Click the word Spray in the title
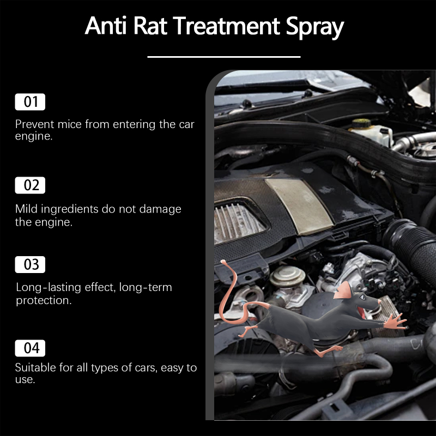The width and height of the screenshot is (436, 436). coord(315,27)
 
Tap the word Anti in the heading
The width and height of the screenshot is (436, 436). coord(106,26)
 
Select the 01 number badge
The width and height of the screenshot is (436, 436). coord(30,102)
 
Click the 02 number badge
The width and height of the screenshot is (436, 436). coord(30,185)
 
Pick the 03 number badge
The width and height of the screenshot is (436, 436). coord(30,264)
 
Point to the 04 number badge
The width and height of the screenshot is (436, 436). coord(30,348)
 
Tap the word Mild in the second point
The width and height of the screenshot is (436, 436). coord(26,209)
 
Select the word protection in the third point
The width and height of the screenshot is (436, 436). coord(44,301)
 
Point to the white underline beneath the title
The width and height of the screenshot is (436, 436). coord(224,57)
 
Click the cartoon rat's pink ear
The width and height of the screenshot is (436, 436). coord(343,290)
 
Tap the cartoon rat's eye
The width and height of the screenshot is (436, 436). coord(363,297)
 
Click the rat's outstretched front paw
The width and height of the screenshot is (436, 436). coord(396,321)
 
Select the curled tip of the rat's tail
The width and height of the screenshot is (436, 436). coord(223,262)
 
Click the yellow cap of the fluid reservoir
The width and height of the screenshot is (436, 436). coord(361,123)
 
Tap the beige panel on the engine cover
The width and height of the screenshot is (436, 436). coord(299,205)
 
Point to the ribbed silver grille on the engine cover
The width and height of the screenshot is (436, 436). coord(238,222)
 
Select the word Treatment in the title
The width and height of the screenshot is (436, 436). coord(226,26)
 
